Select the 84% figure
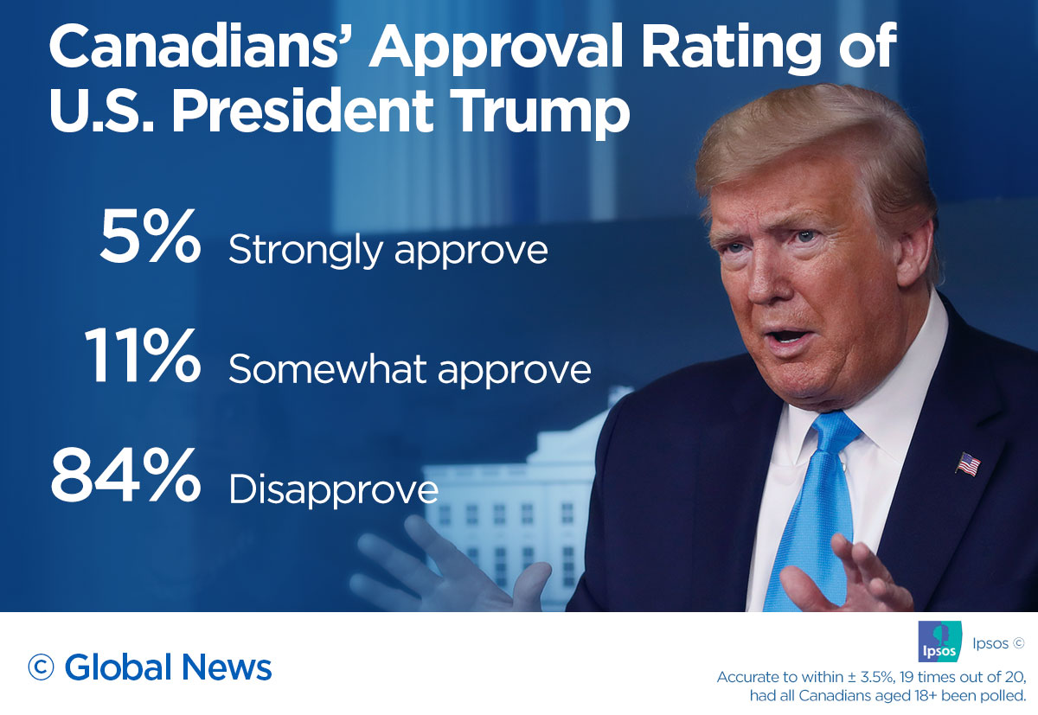point(125,477)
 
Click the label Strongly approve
point(388,251)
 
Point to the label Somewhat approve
point(409,370)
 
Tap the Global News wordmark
point(168,667)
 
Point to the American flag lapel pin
point(968,464)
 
